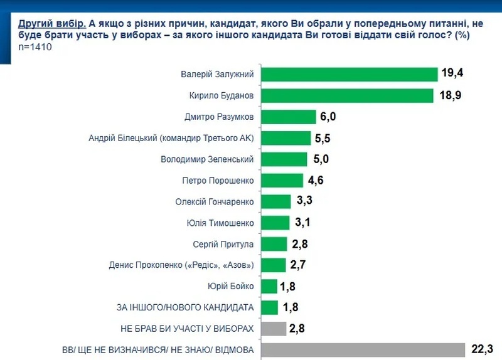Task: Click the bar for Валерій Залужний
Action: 348,74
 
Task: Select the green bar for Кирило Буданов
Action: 346,95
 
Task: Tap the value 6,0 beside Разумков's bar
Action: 329,117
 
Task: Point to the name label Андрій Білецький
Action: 173,138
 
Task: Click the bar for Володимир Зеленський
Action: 283,159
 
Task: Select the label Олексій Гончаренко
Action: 215,201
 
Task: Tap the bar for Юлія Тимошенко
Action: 274,223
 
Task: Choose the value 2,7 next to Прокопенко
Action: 297,265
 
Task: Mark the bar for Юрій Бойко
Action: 269,287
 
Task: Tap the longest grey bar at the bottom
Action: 361,350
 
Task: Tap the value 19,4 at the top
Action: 452,74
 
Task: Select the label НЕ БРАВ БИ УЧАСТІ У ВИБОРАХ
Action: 186,329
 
